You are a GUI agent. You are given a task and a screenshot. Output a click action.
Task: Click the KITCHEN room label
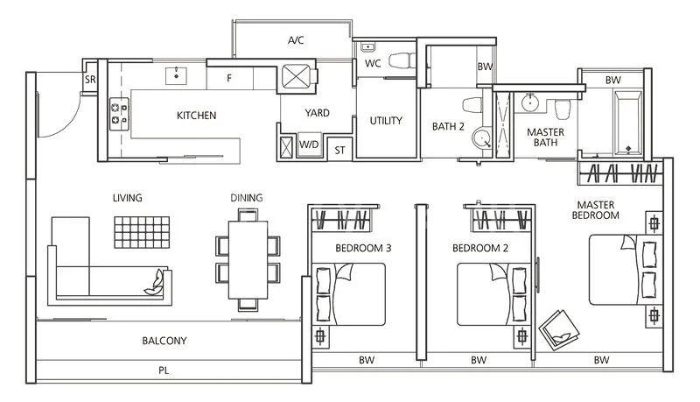coord(196,116)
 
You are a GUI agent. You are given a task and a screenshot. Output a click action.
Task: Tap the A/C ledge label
coord(297,40)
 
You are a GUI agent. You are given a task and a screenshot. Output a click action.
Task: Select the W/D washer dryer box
coord(309,145)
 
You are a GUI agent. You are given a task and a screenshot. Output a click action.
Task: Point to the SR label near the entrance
coord(90,79)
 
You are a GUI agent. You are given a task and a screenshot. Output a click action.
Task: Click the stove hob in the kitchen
coord(118,111)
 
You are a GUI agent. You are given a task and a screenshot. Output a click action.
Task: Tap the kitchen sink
coord(178,74)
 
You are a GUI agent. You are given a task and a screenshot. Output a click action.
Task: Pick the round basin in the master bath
coord(529,103)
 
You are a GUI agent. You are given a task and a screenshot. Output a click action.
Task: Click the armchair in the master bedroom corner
coord(557,329)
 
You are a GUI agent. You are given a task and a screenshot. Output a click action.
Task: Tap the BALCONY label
coord(164,341)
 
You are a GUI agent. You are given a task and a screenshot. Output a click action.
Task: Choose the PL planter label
coord(164,370)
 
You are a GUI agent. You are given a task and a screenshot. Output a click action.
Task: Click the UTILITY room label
coord(386,121)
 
